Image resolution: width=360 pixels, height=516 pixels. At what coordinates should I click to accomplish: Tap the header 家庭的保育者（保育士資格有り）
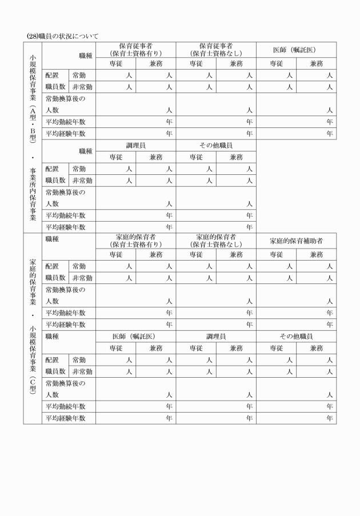click(x=135, y=241)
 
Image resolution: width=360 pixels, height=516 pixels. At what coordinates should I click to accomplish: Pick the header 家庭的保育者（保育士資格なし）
click(x=215, y=241)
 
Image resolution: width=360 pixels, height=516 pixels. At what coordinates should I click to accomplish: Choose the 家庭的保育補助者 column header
click(x=296, y=241)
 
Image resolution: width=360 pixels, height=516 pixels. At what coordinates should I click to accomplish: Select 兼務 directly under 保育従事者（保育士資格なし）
click(x=236, y=63)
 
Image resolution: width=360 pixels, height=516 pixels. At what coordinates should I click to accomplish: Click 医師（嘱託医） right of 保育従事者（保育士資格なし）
click(x=296, y=50)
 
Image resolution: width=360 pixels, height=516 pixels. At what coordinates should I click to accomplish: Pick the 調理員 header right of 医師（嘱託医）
click(x=215, y=337)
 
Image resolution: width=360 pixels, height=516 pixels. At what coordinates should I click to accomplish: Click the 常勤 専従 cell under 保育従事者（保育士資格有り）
click(x=116, y=75)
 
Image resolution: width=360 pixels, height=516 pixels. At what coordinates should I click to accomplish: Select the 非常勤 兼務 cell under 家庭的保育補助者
click(x=316, y=278)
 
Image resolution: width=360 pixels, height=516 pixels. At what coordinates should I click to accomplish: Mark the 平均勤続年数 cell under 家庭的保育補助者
click(x=296, y=313)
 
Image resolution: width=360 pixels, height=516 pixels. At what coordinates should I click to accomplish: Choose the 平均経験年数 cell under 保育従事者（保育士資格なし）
click(x=215, y=133)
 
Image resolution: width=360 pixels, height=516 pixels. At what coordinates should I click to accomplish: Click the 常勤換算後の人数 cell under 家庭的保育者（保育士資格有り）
click(x=135, y=295)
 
